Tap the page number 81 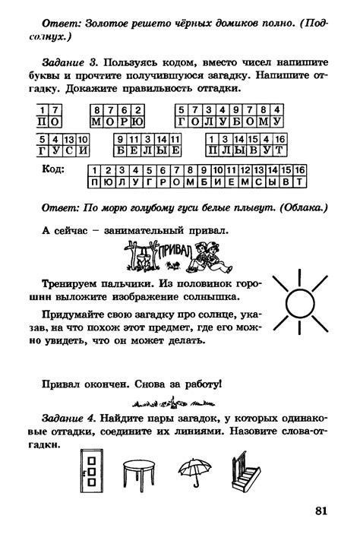319,511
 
